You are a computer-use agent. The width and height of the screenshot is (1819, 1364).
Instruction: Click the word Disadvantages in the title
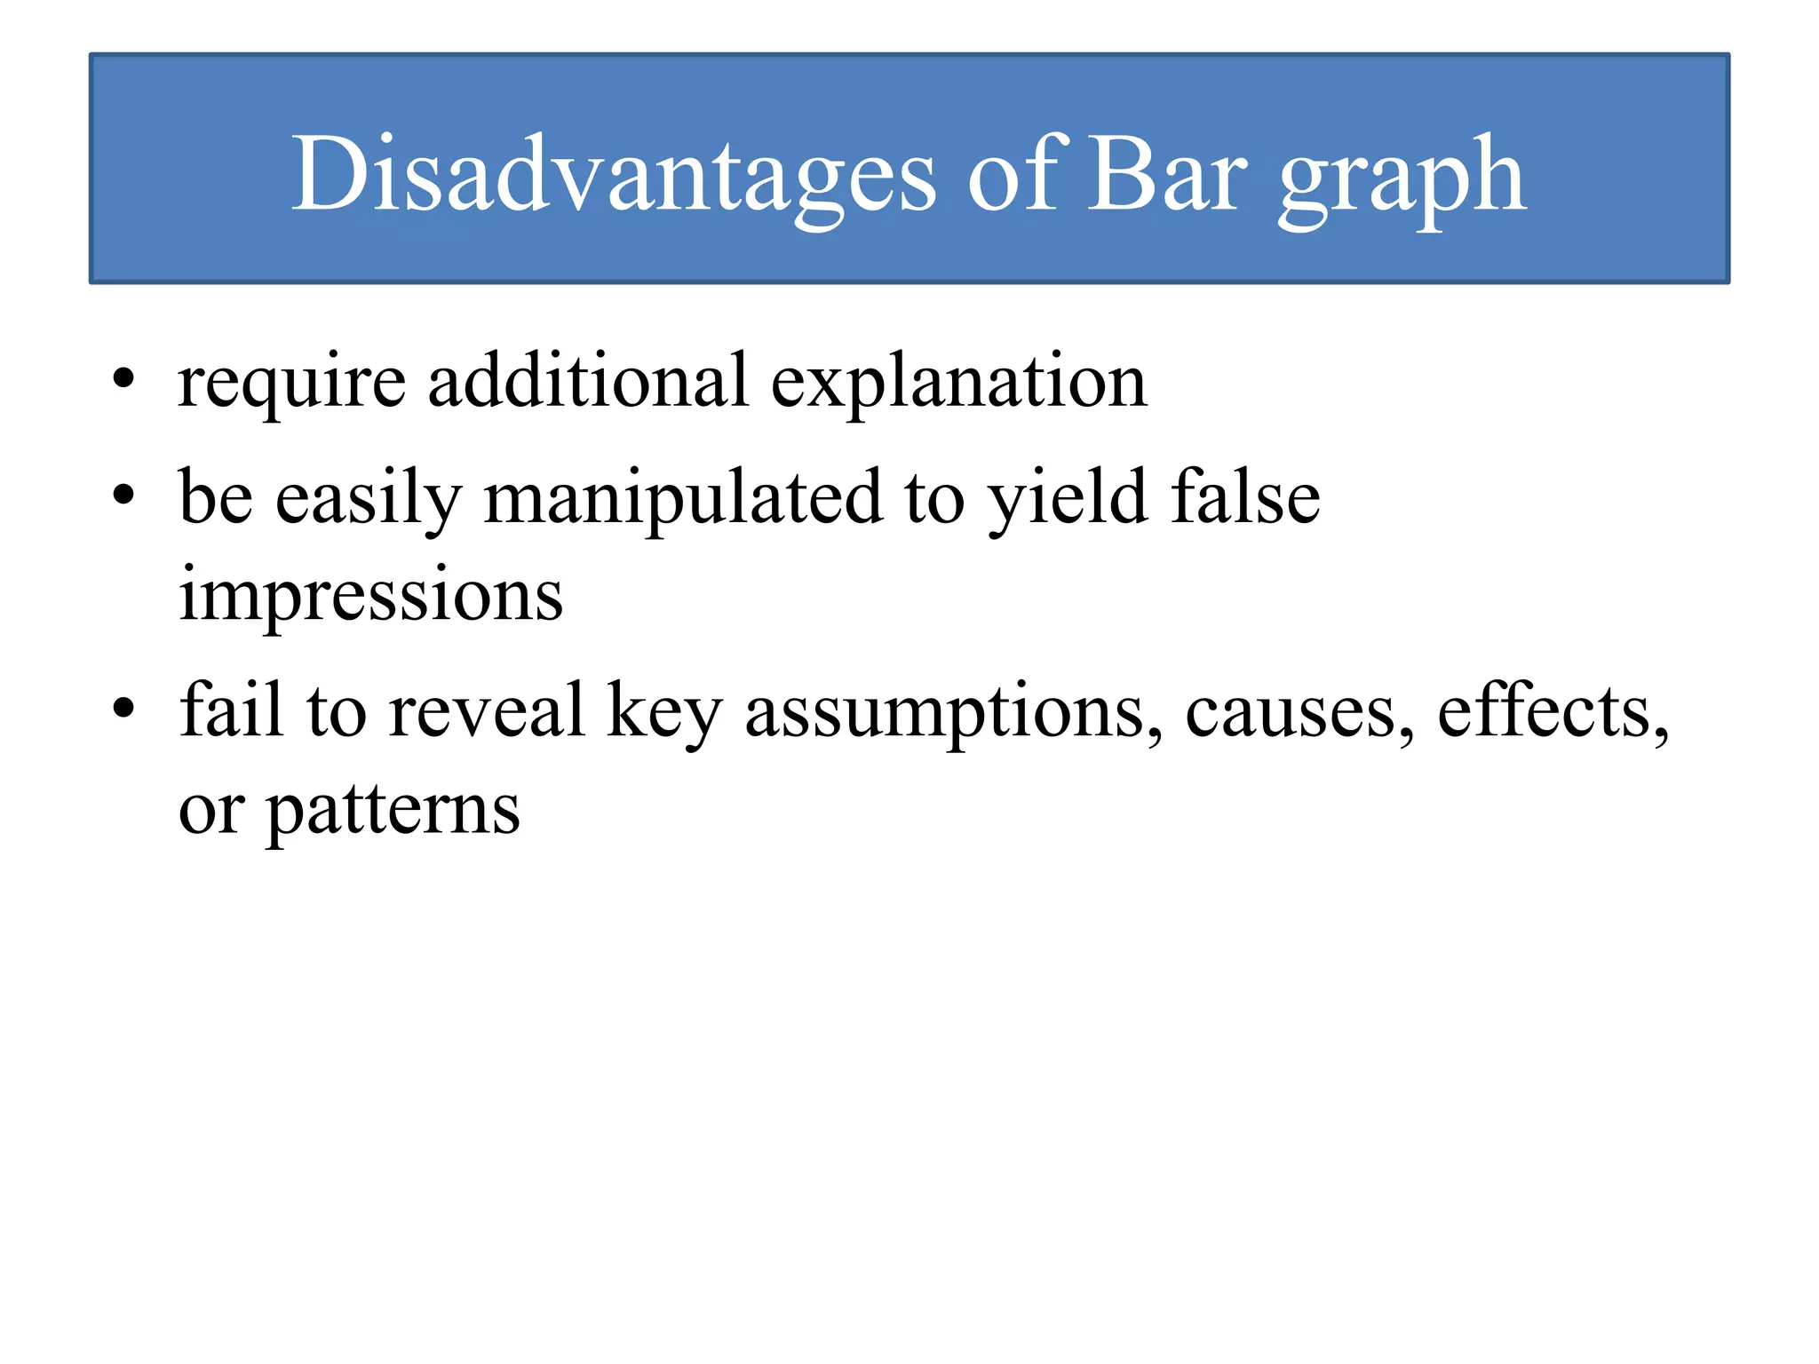pos(613,175)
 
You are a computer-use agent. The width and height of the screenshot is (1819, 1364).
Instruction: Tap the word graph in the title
pos(1402,182)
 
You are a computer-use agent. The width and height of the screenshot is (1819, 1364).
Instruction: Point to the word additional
pos(588,380)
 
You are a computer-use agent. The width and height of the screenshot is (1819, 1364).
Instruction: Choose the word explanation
pos(958,384)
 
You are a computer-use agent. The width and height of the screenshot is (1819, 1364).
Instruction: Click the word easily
pos(369,500)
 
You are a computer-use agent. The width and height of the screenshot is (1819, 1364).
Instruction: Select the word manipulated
pos(682,500)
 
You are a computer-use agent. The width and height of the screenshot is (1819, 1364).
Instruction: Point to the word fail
pos(232,710)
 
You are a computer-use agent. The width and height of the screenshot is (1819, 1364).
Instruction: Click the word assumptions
pos(953,715)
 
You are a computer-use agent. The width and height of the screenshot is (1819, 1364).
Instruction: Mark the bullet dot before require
pos(123,381)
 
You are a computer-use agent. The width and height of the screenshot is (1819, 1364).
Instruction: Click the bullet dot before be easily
pos(123,495)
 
